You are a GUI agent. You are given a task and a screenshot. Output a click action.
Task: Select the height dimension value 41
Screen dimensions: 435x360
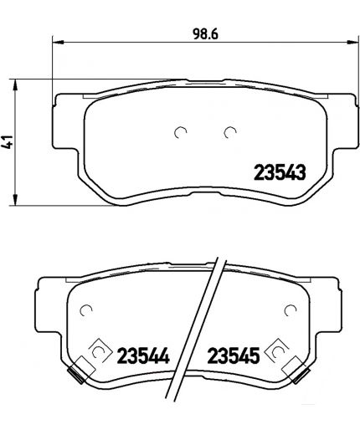10,142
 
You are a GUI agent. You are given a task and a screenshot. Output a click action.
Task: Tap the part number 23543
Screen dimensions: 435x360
278,173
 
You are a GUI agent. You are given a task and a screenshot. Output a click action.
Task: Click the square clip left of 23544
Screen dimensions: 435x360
98,354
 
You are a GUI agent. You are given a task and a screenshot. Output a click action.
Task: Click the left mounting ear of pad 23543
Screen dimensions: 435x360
63,109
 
